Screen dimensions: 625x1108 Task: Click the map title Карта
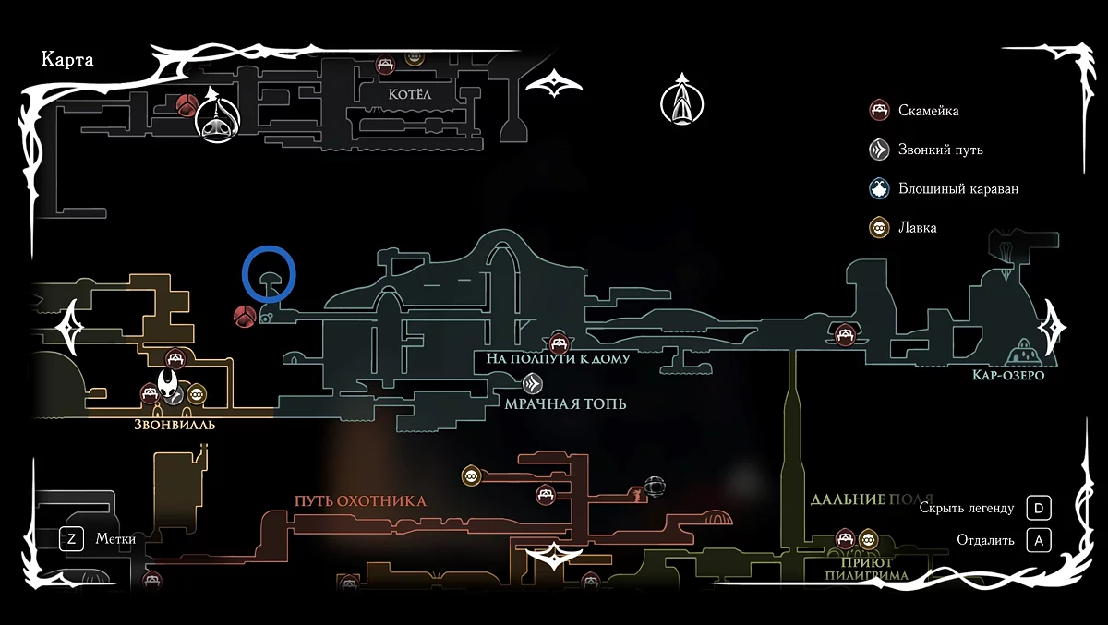click(67, 60)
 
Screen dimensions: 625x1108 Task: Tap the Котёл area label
click(411, 94)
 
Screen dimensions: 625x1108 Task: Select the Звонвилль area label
click(175, 426)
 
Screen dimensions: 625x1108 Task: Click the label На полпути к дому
click(559, 358)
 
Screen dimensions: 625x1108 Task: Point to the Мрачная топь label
click(565, 403)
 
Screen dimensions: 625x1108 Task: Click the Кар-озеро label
click(1007, 376)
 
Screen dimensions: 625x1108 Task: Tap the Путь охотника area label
click(360, 501)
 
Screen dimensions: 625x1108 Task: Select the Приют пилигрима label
click(868, 568)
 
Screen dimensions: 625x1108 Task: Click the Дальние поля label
click(872, 499)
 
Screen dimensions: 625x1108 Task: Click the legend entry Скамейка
click(928, 111)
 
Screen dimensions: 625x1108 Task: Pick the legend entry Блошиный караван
click(957, 189)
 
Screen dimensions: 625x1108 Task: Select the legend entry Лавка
click(917, 227)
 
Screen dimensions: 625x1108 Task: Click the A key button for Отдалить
click(1040, 541)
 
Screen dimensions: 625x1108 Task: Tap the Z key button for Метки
click(71, 539)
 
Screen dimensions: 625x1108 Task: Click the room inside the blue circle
click(269, 279)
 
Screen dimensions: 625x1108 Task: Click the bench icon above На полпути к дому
click(558, 342)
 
